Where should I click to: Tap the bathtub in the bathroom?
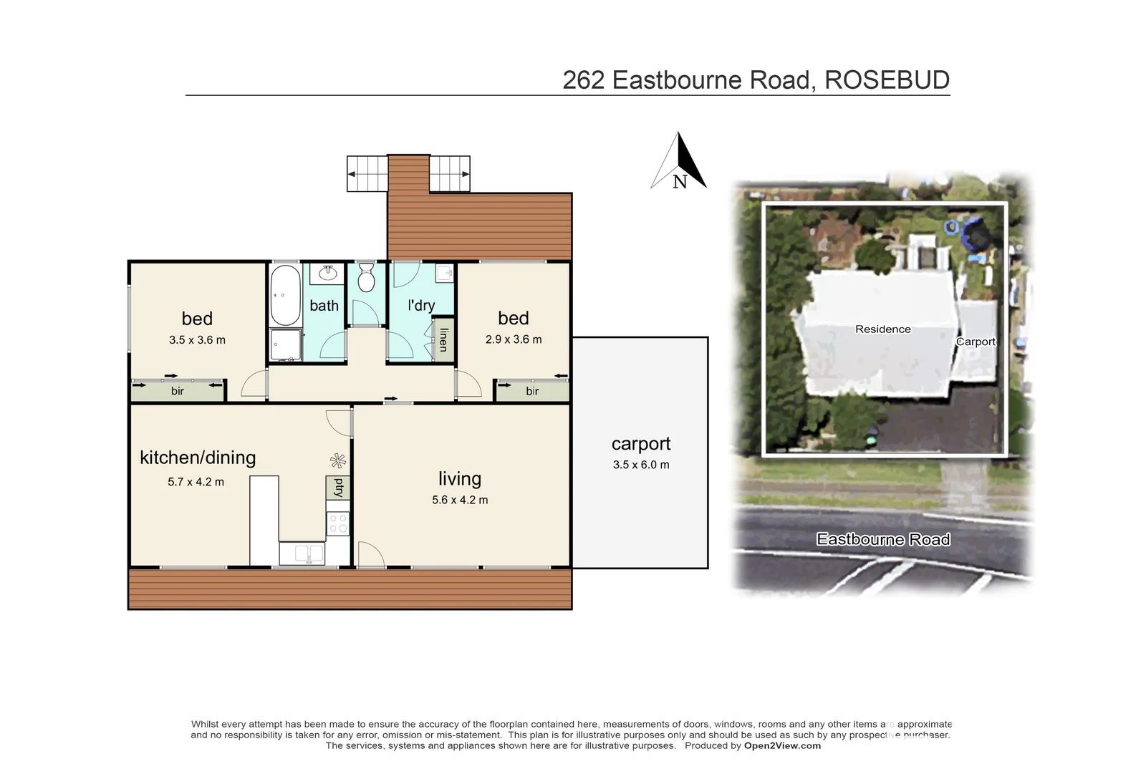[x=285, y=295]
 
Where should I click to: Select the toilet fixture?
[x=366, y=279]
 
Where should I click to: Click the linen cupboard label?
[x=444, y=339]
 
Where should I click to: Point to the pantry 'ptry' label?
[x=338, y=488]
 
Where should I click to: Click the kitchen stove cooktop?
[x=337, y=523]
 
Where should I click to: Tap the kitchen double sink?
[x=302, y=553]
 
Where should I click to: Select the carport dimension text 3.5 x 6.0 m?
[x=641, y=465]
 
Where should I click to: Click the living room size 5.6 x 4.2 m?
[x=460, y=500]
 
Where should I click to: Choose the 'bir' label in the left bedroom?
[x=178, y=391]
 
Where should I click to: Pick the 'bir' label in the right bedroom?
[x=532, y=391]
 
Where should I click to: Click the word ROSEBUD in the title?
[x=887, y=80]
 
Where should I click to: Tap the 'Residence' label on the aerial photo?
[x=882, y=329]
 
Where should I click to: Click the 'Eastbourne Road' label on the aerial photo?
[x=883, y=540]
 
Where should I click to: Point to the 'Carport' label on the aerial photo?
[x=976, y=342]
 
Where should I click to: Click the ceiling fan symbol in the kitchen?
[x=338, y=461]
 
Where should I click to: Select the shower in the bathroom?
[x=286, y=344]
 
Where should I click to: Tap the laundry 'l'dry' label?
[x=421, y=305]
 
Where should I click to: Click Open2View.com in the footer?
[x=782, y=745]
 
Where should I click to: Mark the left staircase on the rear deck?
[x=367, y=174]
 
